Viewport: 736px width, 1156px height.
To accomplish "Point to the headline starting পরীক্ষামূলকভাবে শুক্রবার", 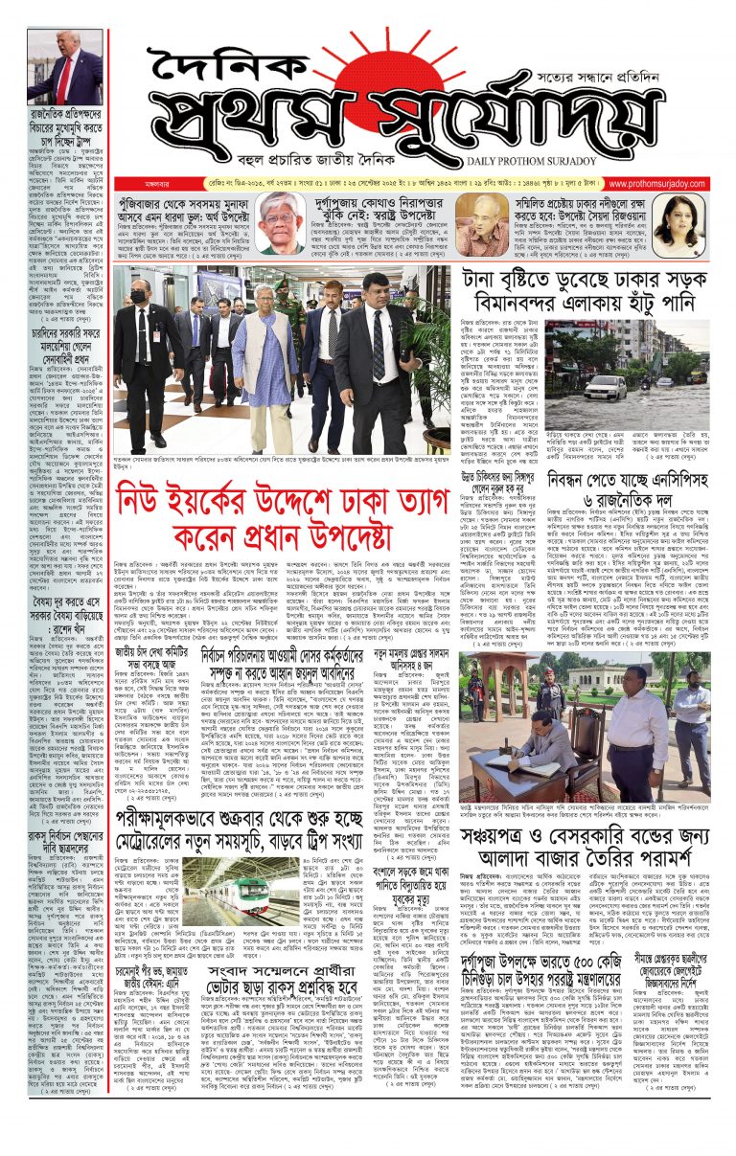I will [278, 825].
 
